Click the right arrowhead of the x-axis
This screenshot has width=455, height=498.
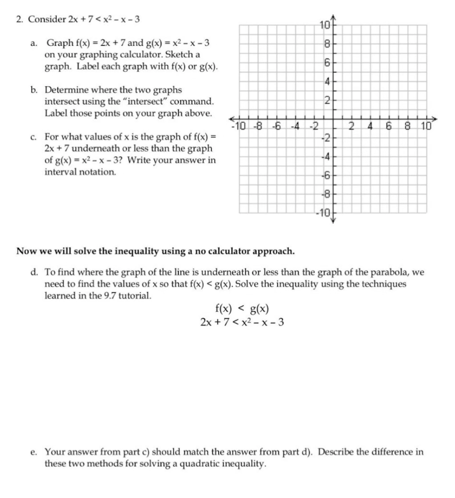[434, 119]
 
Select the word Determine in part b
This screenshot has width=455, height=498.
[67, 90]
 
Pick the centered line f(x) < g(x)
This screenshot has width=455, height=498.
[242, 309]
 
